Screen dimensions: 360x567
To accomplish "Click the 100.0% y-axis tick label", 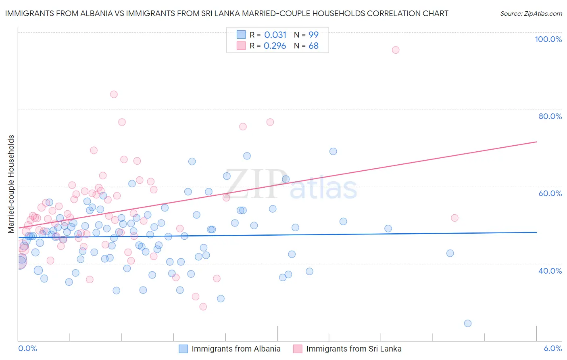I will click(548, 39).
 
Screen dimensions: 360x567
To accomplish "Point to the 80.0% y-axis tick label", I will click(550, 116).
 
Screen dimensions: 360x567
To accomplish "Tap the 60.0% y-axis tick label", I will click(550, 193).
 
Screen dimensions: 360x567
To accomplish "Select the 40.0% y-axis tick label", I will click(550, 271).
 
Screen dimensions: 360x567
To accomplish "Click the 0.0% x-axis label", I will click(27, 348).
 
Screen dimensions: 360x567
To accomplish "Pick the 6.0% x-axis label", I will click(552, 348).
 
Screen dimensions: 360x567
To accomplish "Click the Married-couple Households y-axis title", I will click(11, 184).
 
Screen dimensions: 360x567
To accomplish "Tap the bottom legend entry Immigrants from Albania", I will click(236, 349).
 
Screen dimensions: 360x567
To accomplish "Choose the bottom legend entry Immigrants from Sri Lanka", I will click(354, 349).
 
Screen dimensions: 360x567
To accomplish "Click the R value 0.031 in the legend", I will click(275, 35).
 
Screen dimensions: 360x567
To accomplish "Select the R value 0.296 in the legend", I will click(275, 46).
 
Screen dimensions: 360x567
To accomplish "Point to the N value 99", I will click(313, 35).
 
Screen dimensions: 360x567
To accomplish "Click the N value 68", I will click(313, 46).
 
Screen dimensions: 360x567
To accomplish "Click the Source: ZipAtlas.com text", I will click(531, 14).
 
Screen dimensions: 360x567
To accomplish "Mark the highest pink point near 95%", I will click(396, 50).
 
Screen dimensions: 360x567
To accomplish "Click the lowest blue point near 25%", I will click(468, 323).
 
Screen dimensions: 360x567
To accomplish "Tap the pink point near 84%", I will click(114, 94).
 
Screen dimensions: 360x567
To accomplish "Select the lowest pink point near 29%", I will click(203, 307).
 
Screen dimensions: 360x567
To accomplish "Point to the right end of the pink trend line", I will click(536, 142).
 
